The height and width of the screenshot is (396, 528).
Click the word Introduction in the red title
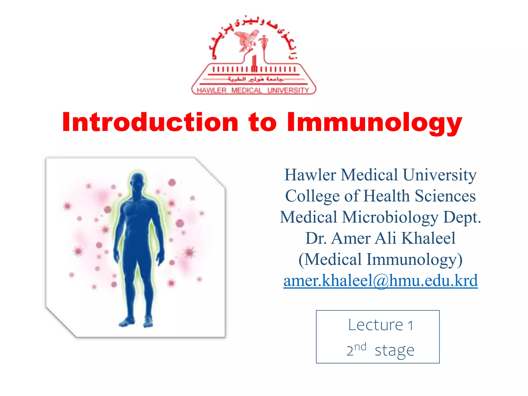tap(150, 122)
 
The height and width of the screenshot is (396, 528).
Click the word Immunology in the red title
tap(374, 123)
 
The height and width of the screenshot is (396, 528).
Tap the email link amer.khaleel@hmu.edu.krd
tap(381, 280)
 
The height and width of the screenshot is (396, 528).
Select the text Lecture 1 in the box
tap(381, 325)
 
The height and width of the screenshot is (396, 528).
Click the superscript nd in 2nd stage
tap(360, 347)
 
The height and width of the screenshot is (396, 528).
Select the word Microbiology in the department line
tap(390, 217)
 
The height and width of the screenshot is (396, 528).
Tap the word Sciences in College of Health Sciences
tap(445, 196)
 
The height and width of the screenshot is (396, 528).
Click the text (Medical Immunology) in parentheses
tap(381, 259)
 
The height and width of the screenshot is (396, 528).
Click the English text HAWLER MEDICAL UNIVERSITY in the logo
tap(253, 90)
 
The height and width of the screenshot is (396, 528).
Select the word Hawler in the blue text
tap(310, 175)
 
